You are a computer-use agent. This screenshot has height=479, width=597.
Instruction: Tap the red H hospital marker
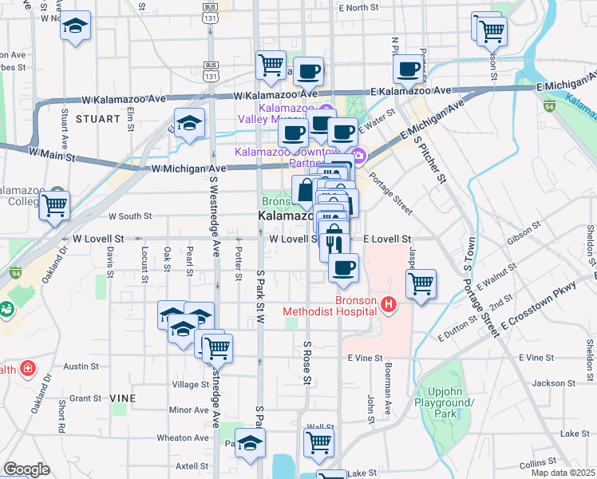tap(389, 304)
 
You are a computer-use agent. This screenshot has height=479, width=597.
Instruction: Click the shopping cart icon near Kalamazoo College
tap(54, 205)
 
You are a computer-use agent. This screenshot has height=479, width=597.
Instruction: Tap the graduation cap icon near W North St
tap(75, 27)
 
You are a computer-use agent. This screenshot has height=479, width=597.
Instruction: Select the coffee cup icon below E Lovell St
tap(344, 268)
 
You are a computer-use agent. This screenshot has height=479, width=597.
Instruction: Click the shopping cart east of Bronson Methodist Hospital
tap(421, 283)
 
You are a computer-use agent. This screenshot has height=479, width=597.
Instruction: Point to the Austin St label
tap(81, 366)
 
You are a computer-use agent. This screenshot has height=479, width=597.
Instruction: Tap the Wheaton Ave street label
tap(183, 437)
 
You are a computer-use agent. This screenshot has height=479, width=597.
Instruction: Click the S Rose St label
tap(306, 361)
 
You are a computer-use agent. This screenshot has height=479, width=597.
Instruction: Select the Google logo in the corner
tap(26, 469)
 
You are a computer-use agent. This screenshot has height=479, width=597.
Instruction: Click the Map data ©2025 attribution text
tap(563, 473)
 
